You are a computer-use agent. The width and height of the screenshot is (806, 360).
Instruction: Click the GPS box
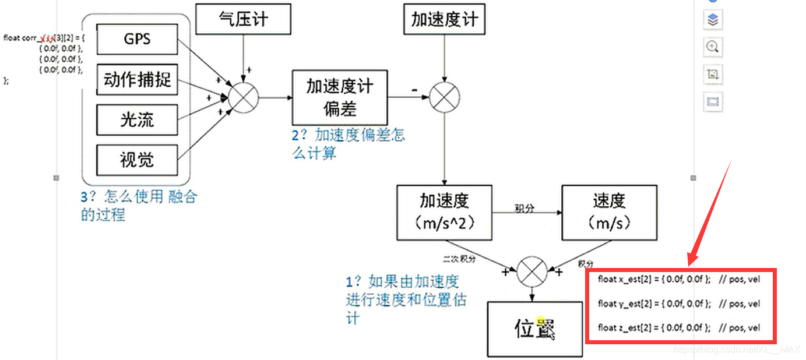click(x=137, y=39)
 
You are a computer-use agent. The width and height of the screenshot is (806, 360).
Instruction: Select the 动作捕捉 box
click(x=137, y=79)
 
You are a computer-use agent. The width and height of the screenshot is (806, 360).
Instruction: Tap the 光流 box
click(x=137, y=119)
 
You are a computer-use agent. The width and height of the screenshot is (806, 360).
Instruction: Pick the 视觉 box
click(x=137, y=159)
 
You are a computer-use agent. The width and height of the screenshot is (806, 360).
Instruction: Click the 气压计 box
click(x=242, y=19)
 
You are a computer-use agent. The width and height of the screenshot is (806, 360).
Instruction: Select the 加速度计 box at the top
click(x=445, y=19)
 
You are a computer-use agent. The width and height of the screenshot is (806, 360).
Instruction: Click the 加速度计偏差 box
click(x=340, y=97)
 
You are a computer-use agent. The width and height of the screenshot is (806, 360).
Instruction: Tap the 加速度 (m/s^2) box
click(x=445, y=213)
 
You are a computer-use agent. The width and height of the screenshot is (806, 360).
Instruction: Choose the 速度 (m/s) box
click(x=609, y=213)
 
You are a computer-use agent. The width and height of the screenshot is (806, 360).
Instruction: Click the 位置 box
click(x=534, y=329)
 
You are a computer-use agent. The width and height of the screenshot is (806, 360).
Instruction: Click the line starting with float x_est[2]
click(x=679, y=280)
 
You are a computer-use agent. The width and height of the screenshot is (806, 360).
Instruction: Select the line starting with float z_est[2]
click(x=679, y=328)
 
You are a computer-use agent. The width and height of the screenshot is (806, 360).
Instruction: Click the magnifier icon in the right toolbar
click(x=712, y=47)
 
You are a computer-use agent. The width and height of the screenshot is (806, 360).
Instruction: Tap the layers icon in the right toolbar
click(x=712, y=20)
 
